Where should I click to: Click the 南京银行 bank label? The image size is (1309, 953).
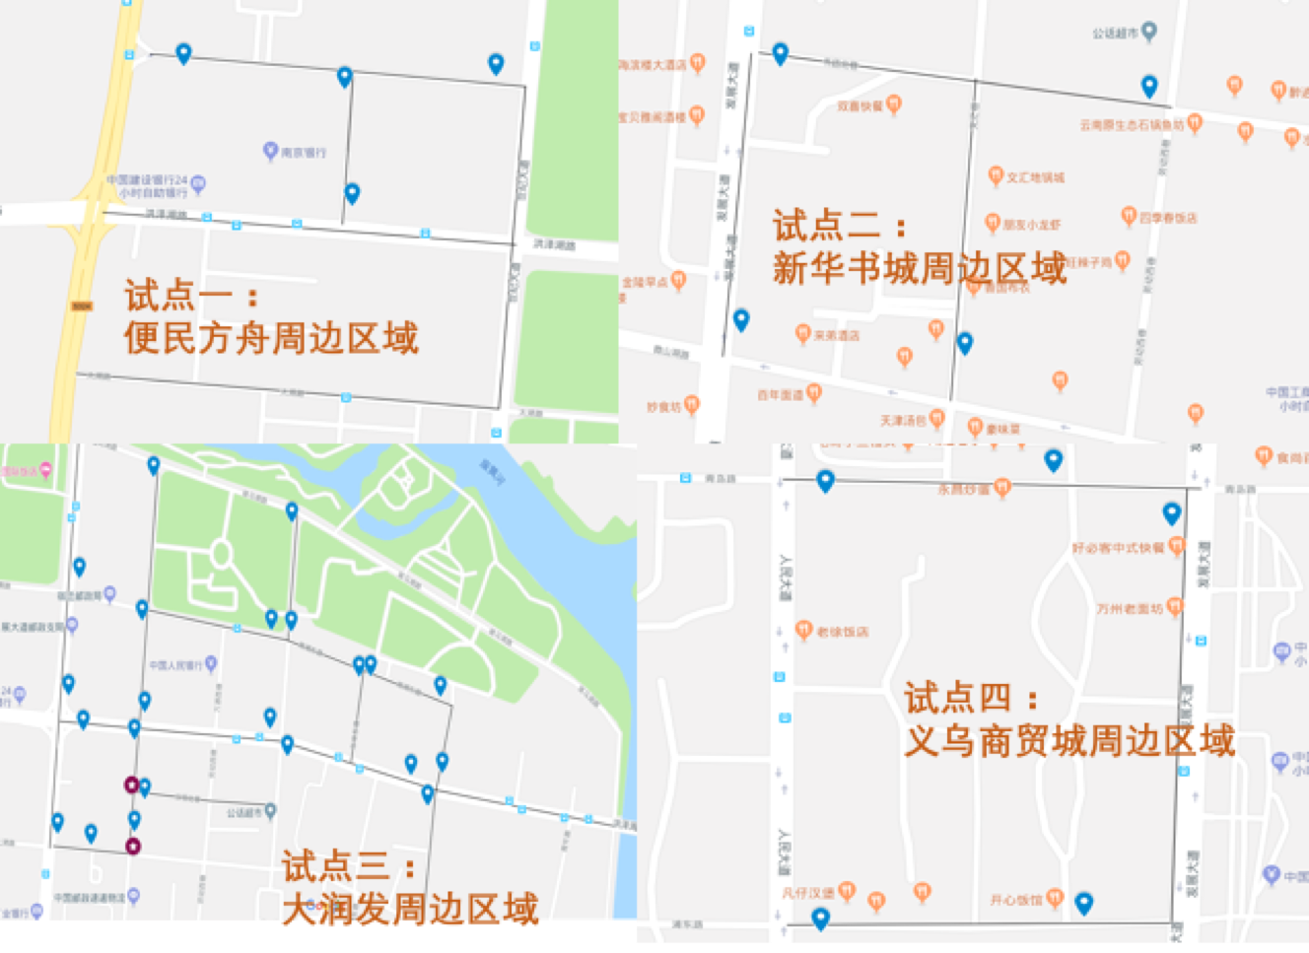[303, 153]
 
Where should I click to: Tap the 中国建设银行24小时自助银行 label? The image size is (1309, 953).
[148, 185]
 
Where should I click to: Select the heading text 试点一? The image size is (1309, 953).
[178, 295]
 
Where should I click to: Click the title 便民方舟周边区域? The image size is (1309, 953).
[271, 338]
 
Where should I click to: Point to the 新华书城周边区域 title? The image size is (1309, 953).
[919, 268]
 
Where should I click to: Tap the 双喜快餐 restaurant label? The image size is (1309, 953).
[860, 106]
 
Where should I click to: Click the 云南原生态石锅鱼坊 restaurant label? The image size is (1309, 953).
[1132, 125]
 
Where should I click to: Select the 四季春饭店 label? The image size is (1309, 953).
[1168, 218]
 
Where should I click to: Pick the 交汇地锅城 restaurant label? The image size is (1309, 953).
[1035, 178]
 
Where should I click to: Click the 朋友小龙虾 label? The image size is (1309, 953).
[1032, 225]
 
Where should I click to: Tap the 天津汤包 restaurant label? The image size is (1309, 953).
[903, 421]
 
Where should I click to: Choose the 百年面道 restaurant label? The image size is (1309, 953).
[781, 395]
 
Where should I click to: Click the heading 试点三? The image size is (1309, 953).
[336, 866]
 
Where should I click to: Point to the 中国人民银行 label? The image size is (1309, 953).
[175, 665]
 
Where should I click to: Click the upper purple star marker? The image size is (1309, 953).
[131, 784]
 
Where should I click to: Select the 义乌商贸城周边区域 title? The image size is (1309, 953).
[1068, 740]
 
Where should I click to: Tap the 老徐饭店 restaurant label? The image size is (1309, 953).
[843, 632]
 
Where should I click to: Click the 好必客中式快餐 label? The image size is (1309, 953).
[1118, 548]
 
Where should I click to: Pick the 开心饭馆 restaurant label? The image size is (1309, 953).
[1016, 900]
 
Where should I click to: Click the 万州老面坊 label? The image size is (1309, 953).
[1130, 609]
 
